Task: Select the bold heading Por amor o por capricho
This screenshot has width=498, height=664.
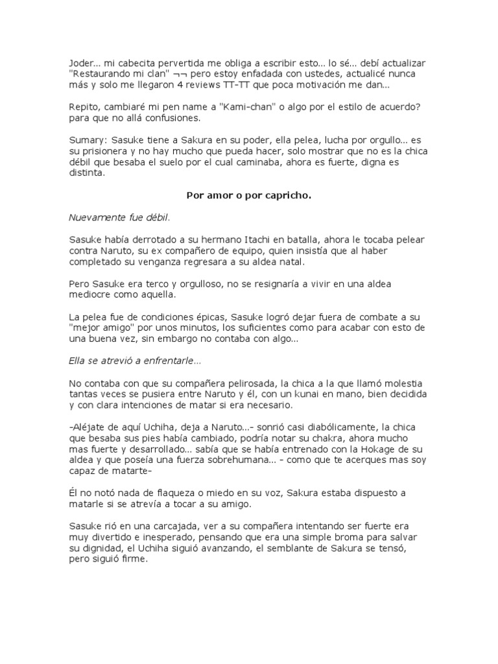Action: pos(249,195)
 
